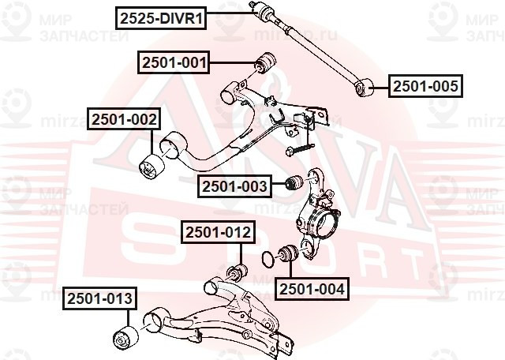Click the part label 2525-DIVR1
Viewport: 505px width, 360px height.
pyautogui.click(x=160, y=17)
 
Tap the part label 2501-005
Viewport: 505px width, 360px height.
pyautogui.click(x=425, y=86)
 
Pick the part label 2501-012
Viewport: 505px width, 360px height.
pyautogui.click(x=219, y=232)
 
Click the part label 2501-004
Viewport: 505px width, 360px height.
pyautogui.click(x=311, y=289)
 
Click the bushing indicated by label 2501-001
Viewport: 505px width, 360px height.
pyautogui.click(x=267, y=60)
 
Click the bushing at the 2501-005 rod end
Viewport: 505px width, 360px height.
pyautogui.click(x=365, y=87)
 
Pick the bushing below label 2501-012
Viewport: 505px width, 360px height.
pyautogui.click(x=238, y=274)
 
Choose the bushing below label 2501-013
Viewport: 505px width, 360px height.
pyautogui.click(x=123, y=337)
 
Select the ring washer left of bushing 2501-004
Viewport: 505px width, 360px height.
pyautogui.click(x=268, y=258)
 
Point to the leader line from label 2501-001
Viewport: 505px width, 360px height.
pyautogui.click(x=234, y=61)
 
